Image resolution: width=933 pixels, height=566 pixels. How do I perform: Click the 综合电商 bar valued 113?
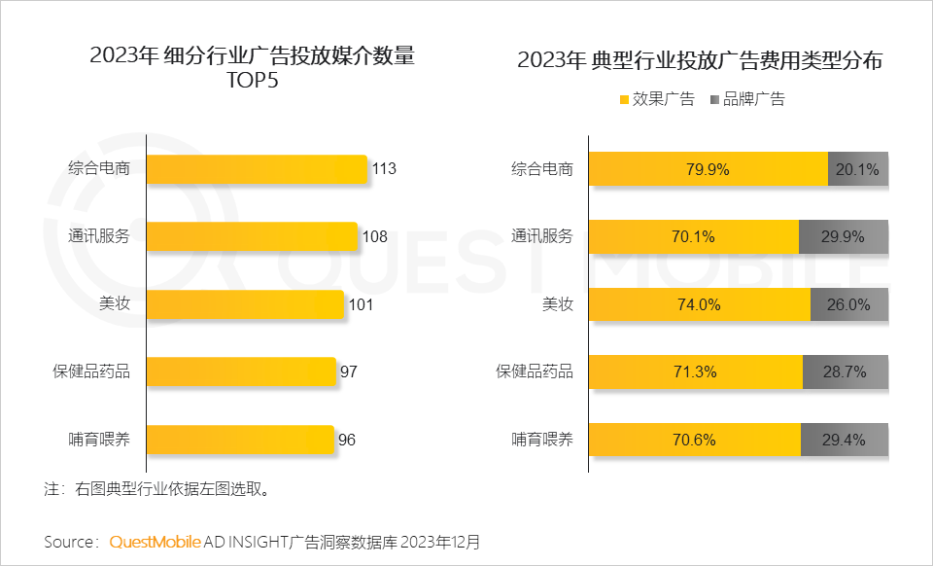(257, 169)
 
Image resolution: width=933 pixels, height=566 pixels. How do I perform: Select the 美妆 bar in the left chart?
(245, 304)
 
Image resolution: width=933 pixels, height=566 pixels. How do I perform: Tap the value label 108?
(375, 236)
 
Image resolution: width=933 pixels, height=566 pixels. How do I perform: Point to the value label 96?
(347, 440)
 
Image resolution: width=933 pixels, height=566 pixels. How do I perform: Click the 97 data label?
(349, 371)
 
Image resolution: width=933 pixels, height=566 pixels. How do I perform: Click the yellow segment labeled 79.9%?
(708, 169)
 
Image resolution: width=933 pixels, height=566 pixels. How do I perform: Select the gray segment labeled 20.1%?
(857, 169)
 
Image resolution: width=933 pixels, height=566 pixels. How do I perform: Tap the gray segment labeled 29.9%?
(844, 236)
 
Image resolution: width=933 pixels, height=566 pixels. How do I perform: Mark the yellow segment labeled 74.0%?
(699, 304)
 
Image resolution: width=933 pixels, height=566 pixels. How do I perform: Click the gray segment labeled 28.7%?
(846, 371)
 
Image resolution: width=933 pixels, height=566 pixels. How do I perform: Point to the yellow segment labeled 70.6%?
(694, 440)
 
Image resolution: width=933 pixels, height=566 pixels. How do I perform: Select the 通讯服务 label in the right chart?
(542, 236)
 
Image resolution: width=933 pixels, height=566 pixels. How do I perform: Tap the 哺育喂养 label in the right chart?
(542, 440)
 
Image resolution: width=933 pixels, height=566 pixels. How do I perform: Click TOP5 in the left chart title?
(252, 81)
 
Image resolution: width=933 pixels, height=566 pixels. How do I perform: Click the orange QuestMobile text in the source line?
(155, 541)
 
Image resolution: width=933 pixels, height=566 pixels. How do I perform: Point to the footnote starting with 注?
(156, 489)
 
